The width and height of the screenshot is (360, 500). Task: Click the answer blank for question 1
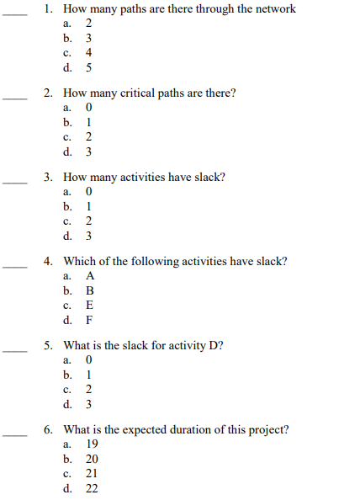14,13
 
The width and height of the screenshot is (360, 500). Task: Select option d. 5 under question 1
88,67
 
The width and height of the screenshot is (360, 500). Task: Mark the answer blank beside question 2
14,98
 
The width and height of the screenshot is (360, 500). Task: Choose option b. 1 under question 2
88,122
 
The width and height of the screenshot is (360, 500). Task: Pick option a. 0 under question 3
88,192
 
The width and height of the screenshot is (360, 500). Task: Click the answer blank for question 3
14,182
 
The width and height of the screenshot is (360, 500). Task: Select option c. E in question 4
89,305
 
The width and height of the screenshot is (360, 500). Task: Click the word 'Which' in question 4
79,261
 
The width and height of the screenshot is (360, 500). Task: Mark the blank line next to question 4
14,266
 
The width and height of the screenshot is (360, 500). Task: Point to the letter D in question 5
215,345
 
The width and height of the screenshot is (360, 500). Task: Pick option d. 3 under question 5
88,403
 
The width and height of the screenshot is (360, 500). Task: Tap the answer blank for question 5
14,350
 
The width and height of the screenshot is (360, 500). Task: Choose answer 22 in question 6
92,487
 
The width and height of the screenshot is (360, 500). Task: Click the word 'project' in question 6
264,429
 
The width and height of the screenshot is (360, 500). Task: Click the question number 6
49,429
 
